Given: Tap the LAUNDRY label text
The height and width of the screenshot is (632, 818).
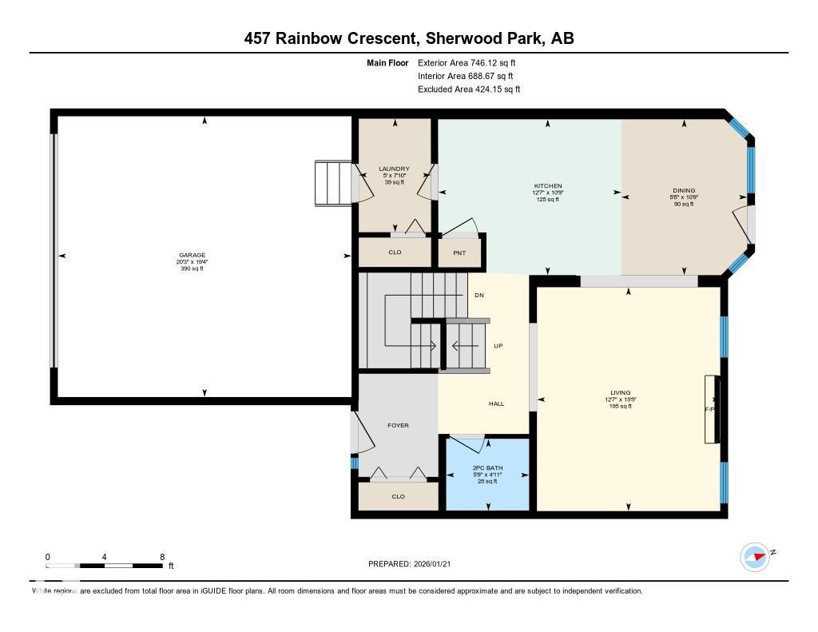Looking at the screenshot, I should click(394, 169).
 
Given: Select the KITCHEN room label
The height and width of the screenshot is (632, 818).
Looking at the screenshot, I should click(548, 186).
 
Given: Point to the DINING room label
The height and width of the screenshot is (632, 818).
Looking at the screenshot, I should click(682, 190).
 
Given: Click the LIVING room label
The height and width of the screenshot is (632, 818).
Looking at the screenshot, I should click(621, 393).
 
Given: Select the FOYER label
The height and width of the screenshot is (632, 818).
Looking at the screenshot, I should click(398, 426).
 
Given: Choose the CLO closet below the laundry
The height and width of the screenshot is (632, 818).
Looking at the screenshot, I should click(395, 252).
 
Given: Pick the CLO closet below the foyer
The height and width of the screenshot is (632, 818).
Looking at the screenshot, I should click(398, 496).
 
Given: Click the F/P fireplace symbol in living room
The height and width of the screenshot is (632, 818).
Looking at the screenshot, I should click(710, 408).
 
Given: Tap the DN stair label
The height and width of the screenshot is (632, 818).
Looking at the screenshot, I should click(478, 296).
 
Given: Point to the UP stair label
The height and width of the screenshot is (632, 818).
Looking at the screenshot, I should click(498, 346).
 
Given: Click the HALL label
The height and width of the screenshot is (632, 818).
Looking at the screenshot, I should click(496, 404).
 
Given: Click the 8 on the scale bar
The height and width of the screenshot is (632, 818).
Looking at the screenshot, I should click(162, 557).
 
